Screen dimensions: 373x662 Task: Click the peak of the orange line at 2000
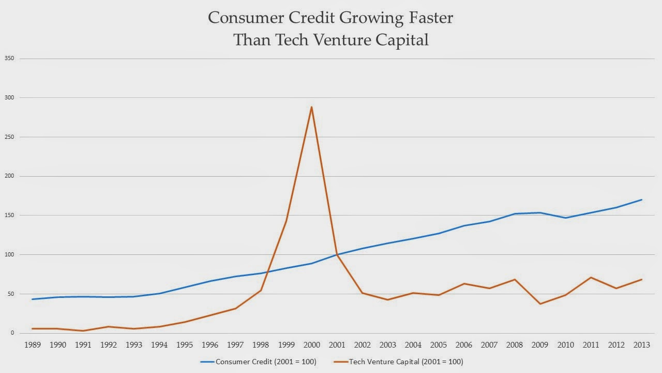311,107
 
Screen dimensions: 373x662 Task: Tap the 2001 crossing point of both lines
337,254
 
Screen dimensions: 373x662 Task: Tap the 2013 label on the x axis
642,344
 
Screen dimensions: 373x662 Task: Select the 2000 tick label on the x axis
311,344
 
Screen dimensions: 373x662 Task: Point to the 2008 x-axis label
515,344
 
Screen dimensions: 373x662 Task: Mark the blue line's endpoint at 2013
642,199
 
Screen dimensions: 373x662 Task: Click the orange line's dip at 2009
540,304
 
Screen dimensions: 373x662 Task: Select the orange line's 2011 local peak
591,277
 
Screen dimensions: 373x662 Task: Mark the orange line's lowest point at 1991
83,331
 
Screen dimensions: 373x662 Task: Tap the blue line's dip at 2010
565,218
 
